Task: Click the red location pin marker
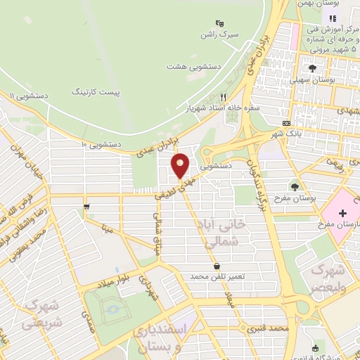click(x=181, y=166)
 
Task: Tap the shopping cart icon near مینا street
click(x=86, y=207)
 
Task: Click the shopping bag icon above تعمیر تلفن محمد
click(x=217, y=266)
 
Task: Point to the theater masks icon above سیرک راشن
click(x=219, y=22)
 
